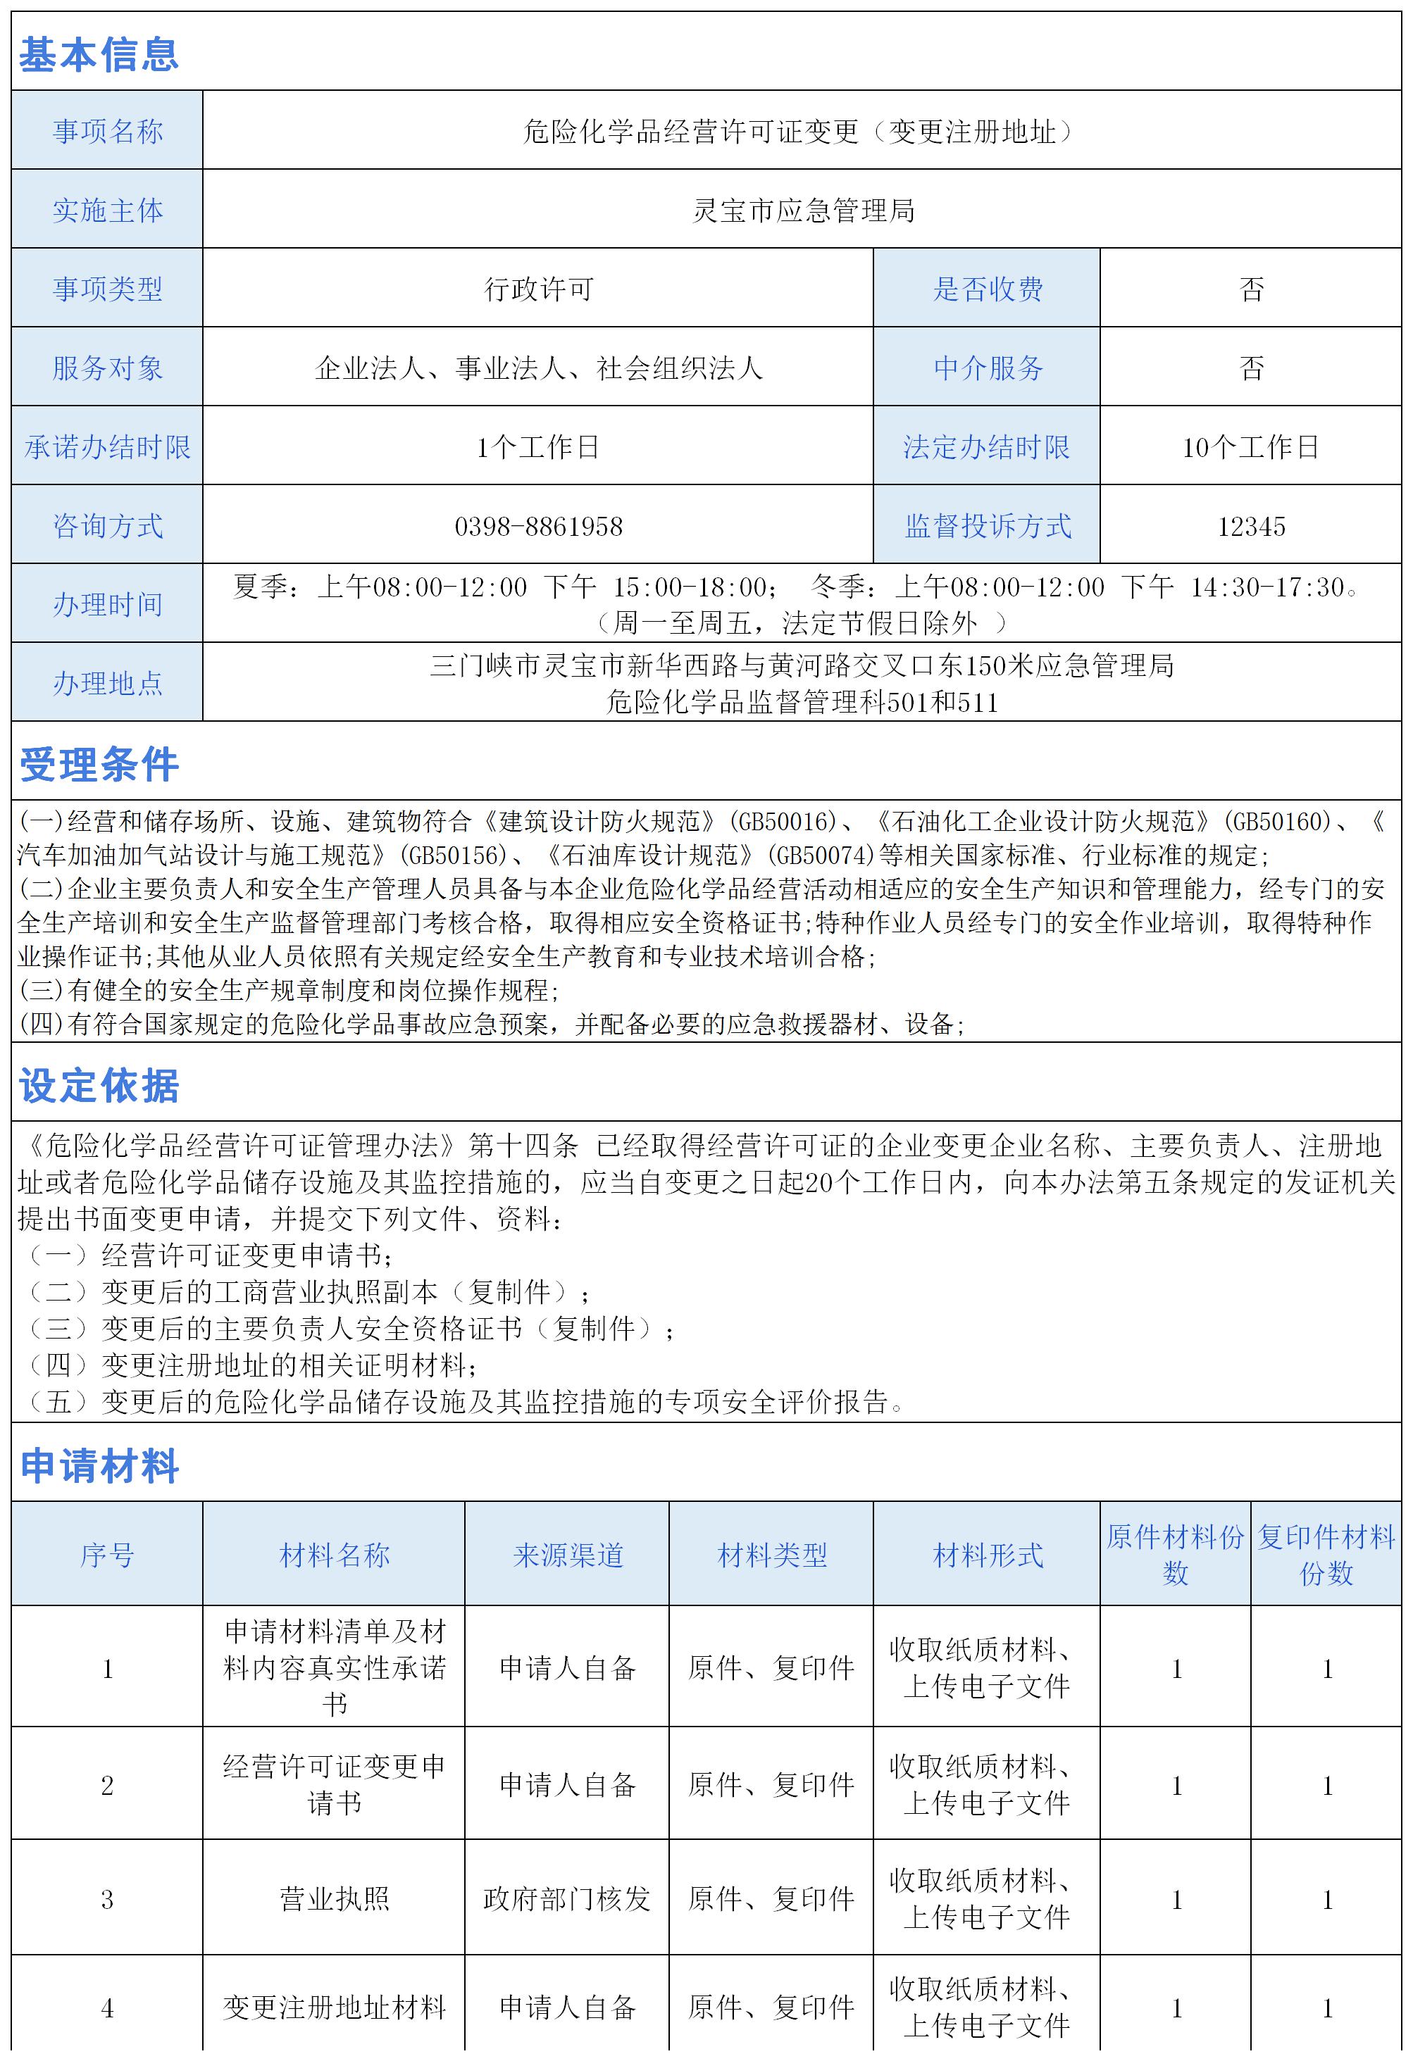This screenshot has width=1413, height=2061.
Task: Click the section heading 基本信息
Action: pyautogui.click(x=99, y=55)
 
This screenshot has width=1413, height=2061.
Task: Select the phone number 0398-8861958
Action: pyautogui.click(x=538, y=527)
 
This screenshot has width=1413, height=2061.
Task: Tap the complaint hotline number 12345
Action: pyautogui.click(x=1251, y=527)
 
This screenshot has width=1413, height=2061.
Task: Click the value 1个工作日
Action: pyautogui.click(x=538, y=447)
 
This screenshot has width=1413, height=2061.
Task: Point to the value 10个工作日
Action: pyautogui.click(x=1251, y=447)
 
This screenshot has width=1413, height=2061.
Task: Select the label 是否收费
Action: pyautogui.click(x=988, y=289)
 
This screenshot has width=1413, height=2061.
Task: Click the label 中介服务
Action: pyautogui.click(x=988, y=368)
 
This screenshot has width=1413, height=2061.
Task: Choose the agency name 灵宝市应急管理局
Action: pyautogui.click(x=803, y=210)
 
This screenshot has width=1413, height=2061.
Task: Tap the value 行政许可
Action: pyautogui.click(x=538, y=289)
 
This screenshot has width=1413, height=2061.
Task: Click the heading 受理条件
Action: pyautogui.click(x=99, y=765)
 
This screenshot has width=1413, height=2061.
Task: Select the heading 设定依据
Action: pyautogui.click(x=99, y=1086)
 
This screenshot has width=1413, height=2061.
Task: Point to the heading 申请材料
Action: pyautogui.click(x=99, y=1466)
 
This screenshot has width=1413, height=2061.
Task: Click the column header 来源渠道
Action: pyautogui.click(x=568, y=1555)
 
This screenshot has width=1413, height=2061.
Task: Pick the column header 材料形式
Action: pyautogui.click(x=988, y=1555)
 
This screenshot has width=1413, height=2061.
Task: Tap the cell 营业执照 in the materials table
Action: pyautogui.click(x=335, y=1899)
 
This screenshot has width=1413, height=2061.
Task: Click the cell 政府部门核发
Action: pyautogui.click(x=568, y=1899)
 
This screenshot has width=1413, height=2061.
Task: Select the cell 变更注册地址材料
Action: pyautogui.click(x=335, y=2007)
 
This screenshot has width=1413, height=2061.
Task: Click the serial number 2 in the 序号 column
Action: pyautogui.click(x=107, y=1785)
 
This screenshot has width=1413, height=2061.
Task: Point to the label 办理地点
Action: pyautogui.click(x=107, y=683)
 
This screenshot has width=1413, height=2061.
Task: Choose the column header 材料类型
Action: pyautogui.click(x=772, y=1555)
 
